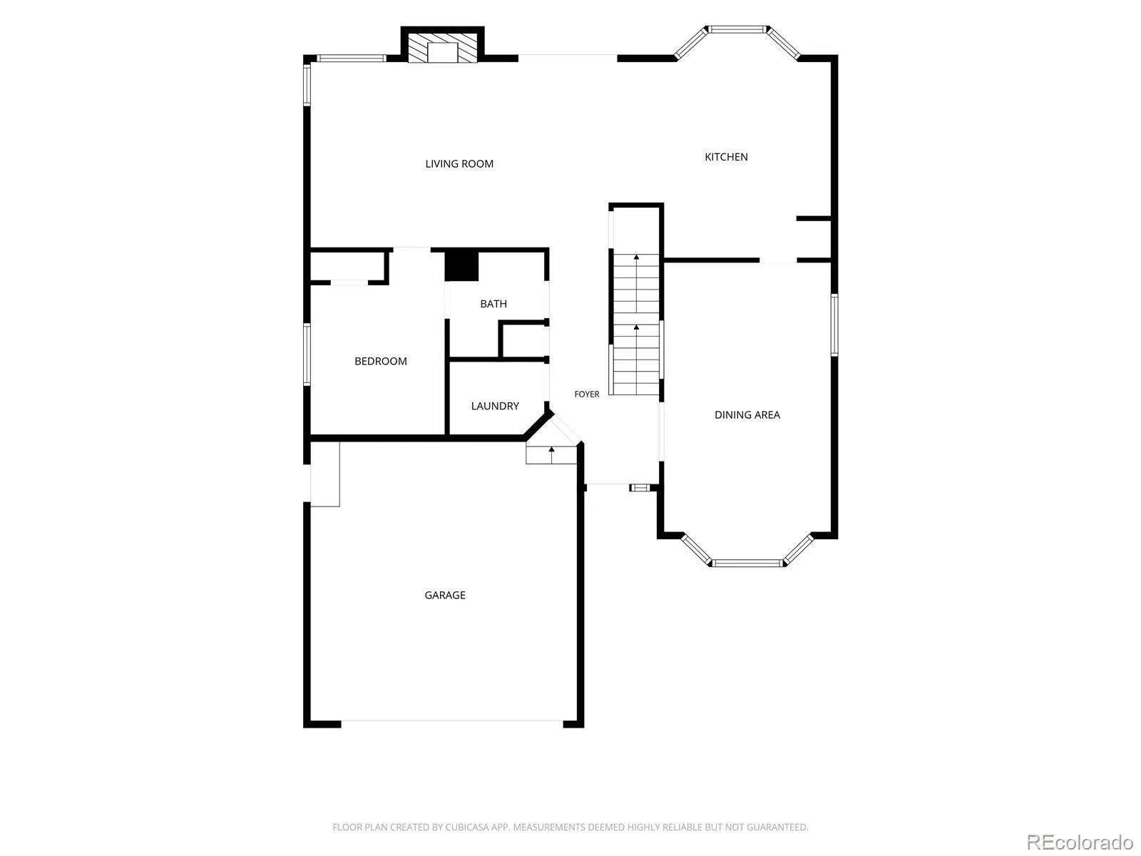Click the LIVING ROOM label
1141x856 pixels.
click(459, 164)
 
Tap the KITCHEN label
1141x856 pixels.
click(726, 157)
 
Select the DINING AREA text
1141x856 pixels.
click(747, 414)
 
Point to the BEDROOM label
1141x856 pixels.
click(381, 361)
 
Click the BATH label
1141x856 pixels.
click(493, 304)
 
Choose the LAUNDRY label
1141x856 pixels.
click(495, 406)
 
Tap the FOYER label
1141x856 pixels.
click(587, 394)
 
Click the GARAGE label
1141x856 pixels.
click(445, 595)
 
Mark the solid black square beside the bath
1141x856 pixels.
click(461, 266)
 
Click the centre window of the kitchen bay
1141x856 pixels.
click(737, 29)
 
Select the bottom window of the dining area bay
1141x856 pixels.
click(747, 563)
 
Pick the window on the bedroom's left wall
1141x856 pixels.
click(307, 355)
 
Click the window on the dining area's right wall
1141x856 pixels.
click(834, 325)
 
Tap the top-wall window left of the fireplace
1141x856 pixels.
click(352, 58)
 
